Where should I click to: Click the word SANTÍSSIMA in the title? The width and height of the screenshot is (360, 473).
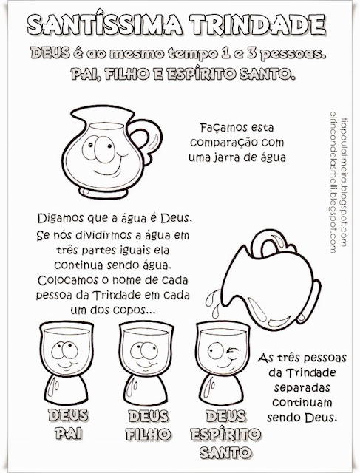pyautogui.click(x=105, y=24)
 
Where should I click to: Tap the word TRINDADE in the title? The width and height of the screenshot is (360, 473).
pyautogui.click(x=258, y=24)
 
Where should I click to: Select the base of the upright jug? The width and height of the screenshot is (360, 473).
pyautogui.click(x=103, y=192)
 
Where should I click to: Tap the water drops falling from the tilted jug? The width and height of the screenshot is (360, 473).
pyautogui.click(x=212, y=304)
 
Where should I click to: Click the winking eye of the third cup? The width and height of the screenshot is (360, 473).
pyautogui.click(x=232, y=352)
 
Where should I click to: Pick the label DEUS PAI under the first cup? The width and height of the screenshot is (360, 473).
pyautogui.click(x=68, y=424)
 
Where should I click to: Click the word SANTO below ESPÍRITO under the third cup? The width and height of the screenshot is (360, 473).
pyautogui.click(x=225, y=452)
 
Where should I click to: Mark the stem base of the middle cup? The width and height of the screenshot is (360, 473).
pyautogui.click(x=146, y=389)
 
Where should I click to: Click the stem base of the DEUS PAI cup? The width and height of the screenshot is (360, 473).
pyautogui.click(x=67, y=389)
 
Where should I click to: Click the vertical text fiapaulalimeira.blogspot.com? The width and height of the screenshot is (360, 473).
pyautogui.click(x=344, y=182)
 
